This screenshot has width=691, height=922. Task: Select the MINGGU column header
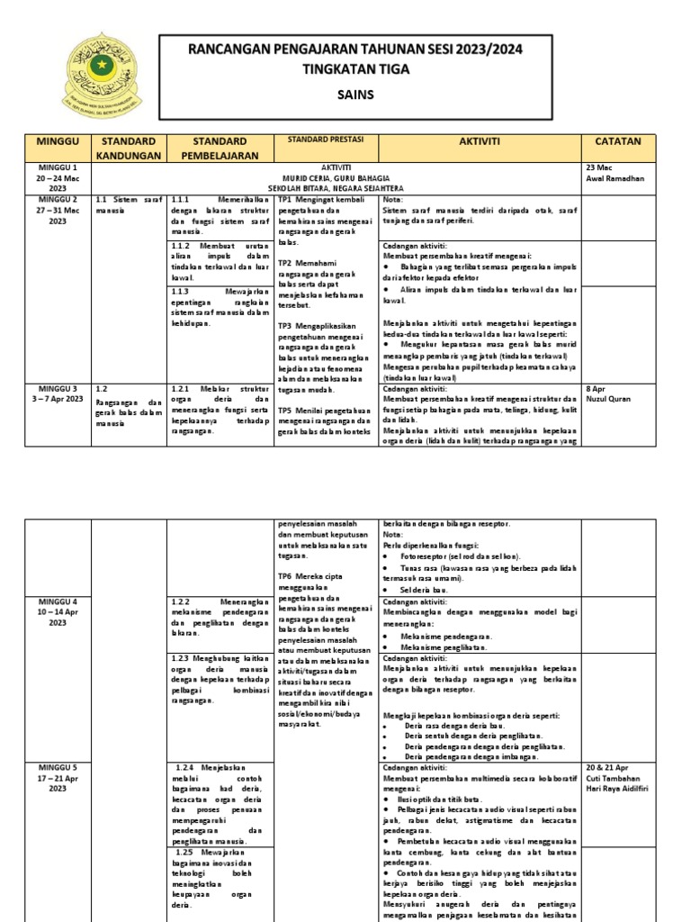(58, 142)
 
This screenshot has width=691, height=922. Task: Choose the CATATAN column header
(618, 141)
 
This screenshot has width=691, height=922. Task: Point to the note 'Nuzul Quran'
(610, 399)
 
